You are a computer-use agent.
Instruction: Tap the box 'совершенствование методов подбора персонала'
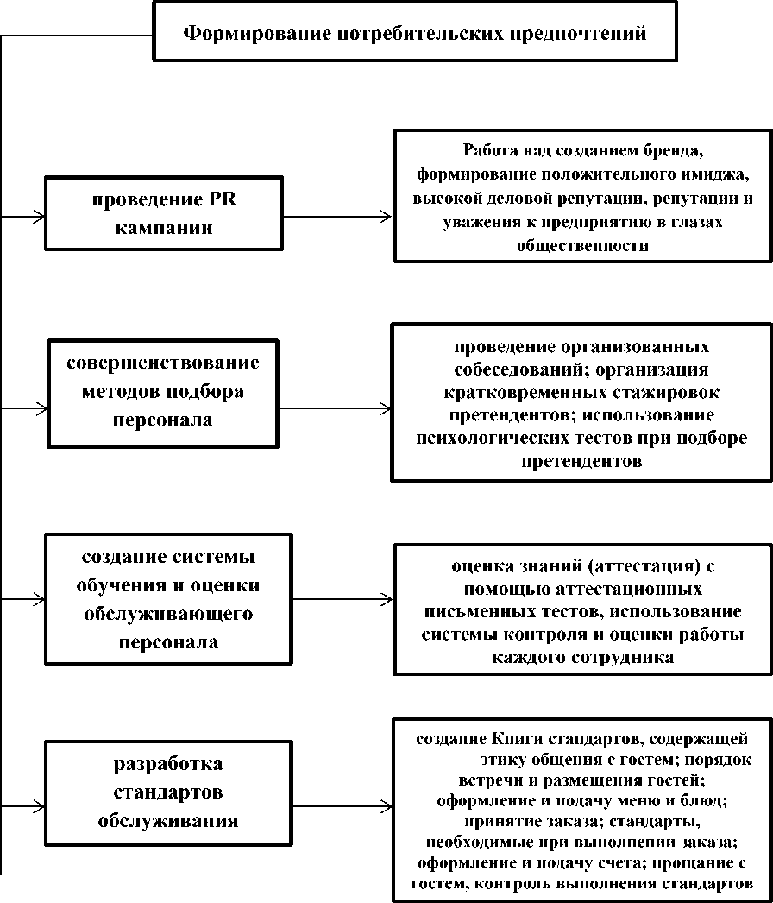162,392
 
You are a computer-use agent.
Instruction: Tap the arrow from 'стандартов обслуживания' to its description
336,799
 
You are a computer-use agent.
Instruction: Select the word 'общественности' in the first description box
581,246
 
